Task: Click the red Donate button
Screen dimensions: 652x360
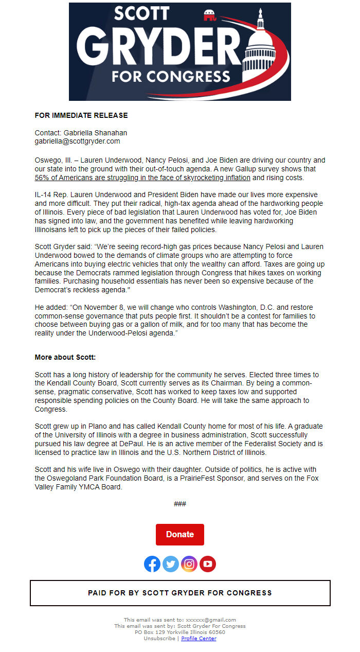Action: [180, 535]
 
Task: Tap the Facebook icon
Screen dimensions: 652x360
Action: [152, 564]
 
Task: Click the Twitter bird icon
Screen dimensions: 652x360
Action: [171, 564]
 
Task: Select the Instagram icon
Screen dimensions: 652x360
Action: [189, 564]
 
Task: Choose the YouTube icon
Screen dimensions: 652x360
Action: [208, 564]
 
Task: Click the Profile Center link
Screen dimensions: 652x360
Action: [199, 639]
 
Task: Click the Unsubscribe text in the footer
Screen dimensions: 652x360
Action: [159, 639]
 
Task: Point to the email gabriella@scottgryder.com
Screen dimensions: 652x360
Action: [77, 141]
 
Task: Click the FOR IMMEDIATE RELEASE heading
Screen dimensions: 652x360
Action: [81, 115]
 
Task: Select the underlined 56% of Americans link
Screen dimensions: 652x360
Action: [142, 178]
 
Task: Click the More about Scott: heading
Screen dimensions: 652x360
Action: [65, 357]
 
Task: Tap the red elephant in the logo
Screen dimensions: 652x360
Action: [209, 16]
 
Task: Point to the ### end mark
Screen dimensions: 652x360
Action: [180, 504]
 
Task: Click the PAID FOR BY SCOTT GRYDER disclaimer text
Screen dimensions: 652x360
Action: [180, 593]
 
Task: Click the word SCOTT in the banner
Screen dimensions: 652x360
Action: [141, 14]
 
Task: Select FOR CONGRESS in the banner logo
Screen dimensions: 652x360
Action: [171, 77]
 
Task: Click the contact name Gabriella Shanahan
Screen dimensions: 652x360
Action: [95, 133]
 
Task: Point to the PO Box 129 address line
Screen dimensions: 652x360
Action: [180, 632]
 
